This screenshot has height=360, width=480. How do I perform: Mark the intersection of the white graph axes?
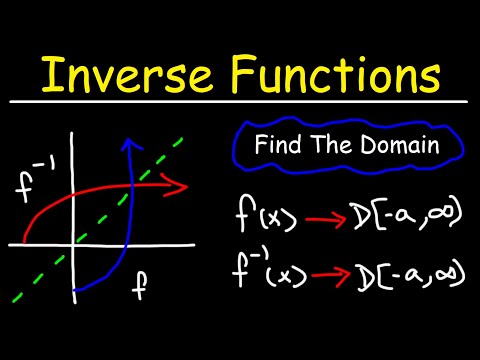coord(73,244)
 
